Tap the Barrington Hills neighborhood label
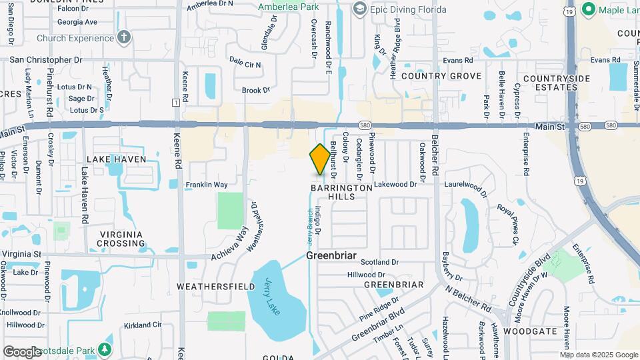point(341,193)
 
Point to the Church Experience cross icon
point(123,37)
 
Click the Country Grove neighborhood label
point(441,76)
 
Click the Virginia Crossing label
point(121,239)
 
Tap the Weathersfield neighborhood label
point(215,286)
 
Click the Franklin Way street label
point(207,185)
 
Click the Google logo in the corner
point(22,351)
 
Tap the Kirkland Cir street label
point(143,325)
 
